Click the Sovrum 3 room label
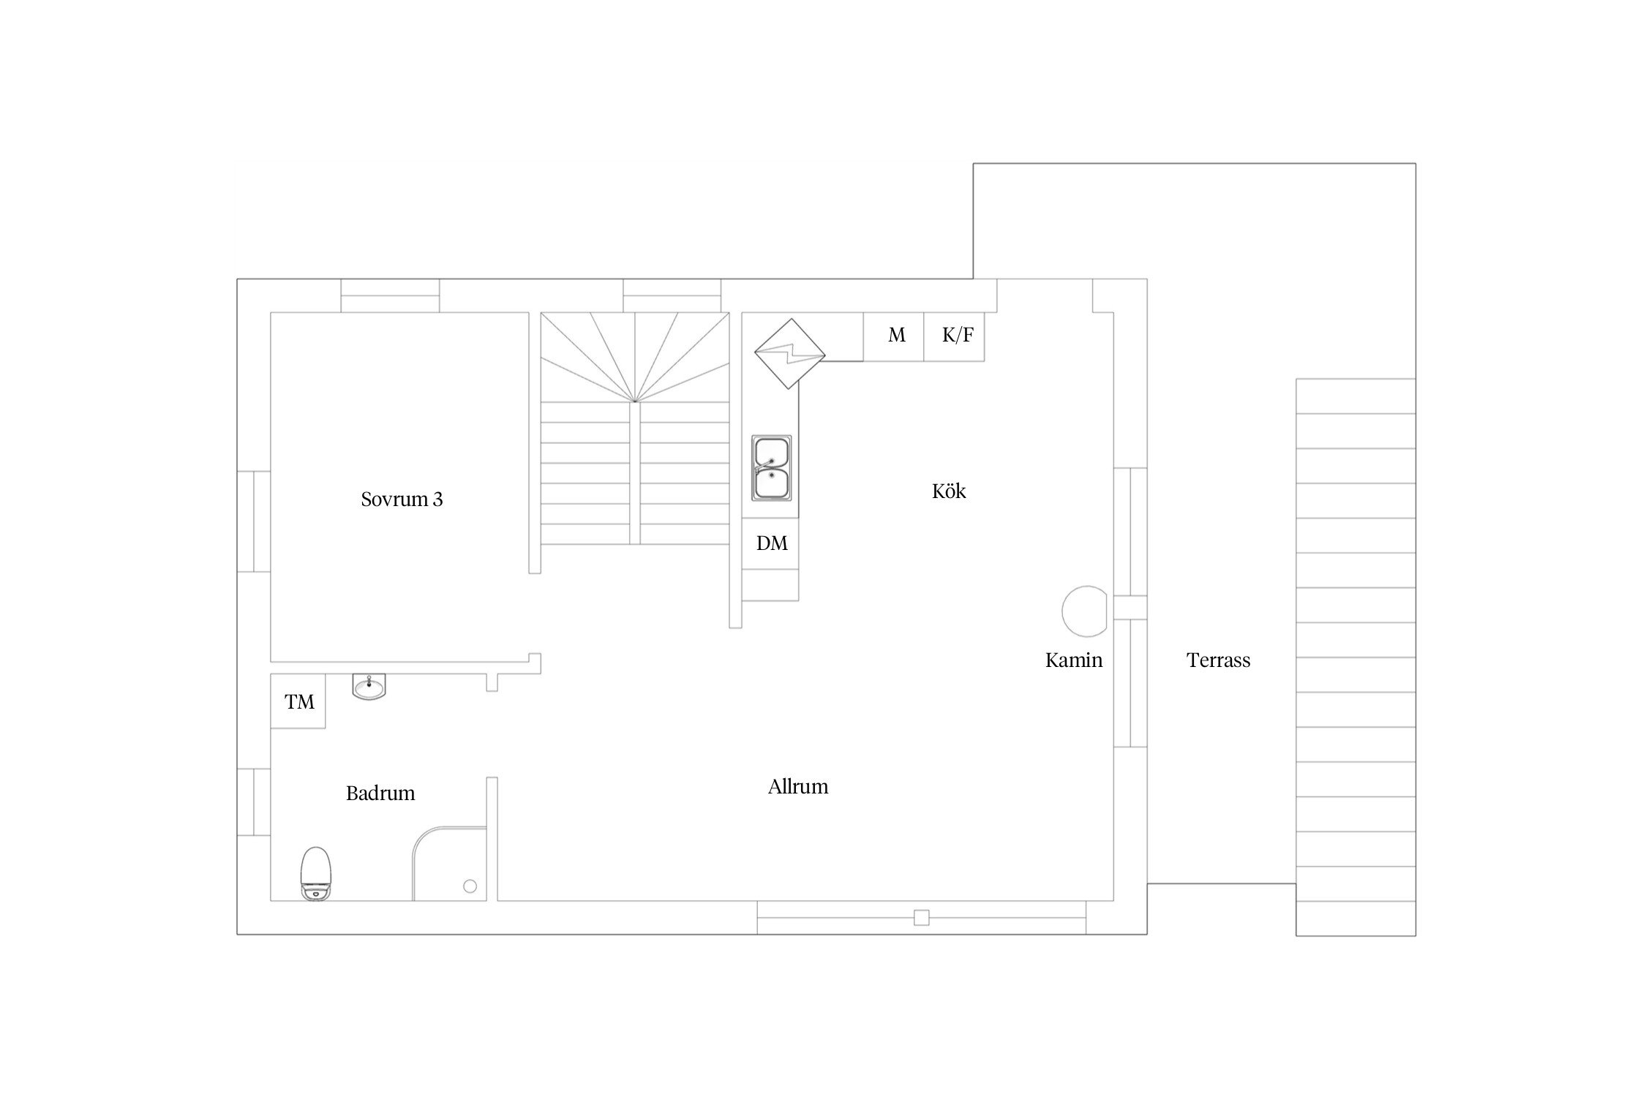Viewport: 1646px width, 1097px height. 402,500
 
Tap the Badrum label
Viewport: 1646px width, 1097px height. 380,793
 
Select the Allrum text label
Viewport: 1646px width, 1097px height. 798,787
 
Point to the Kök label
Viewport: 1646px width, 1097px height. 949,491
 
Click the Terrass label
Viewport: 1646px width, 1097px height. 1218,660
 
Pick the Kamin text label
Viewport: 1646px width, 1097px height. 1073,660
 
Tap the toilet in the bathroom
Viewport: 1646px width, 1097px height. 316,873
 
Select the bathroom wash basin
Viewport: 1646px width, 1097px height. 369,686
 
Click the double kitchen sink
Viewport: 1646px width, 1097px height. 771,468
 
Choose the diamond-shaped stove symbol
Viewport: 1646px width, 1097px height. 789,354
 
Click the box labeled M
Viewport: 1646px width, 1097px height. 893,336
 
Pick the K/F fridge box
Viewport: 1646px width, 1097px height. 954,336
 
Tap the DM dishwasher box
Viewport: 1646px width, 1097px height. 770,543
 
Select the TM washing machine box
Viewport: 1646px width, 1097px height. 298,702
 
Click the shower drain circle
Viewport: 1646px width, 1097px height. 470,886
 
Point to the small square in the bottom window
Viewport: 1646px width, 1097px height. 922,918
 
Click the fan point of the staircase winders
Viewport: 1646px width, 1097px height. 635,402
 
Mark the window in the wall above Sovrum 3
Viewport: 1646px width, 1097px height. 391,295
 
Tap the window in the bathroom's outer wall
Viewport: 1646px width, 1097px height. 254,802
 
